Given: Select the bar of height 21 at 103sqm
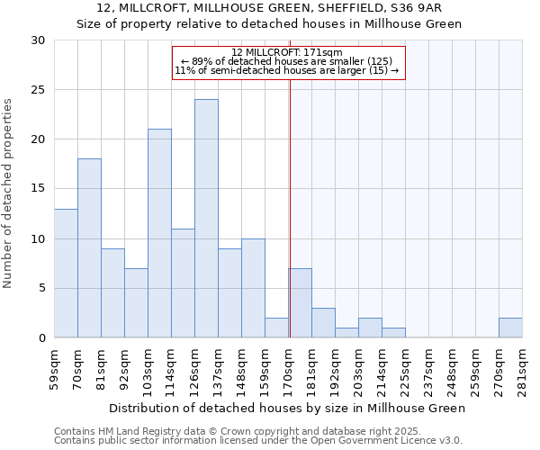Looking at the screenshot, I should click(x=159, y=233).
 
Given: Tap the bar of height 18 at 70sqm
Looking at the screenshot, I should click(x=89, y=248).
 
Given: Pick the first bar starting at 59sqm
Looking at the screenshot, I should click(x=66, y=273).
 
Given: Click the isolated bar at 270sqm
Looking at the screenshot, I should click(x=510, y=328).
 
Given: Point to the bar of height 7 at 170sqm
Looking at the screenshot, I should click(x=300, y=303).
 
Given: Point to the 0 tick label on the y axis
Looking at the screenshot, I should click(x=40, y=338).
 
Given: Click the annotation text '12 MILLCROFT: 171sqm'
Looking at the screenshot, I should click(x=288, y=52).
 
